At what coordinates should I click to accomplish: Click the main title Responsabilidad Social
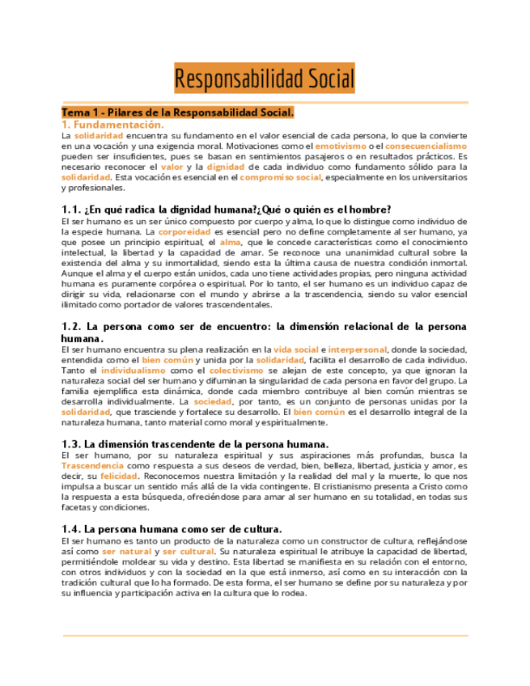[265, 79]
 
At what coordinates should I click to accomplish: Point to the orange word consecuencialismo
[426, 146]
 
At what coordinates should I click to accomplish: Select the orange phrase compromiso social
[281, 176]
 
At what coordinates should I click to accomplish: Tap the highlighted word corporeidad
[184, 231]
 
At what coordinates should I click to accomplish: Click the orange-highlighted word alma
[230, 241]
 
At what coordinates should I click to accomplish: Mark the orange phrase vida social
[295, 349]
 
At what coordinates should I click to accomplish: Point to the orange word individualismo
[134, 370]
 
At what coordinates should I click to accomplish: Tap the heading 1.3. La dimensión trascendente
[195, 444]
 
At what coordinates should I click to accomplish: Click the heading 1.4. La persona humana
[172, 528]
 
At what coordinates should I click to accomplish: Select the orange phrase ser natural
[126, 550]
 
